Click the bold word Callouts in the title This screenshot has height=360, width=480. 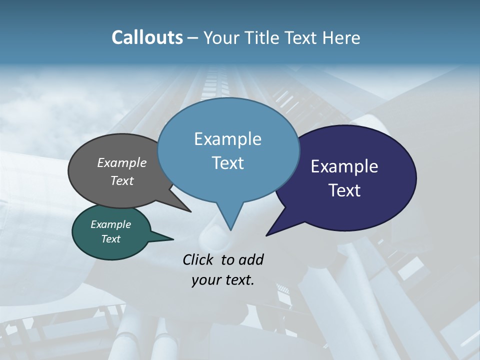point(147,37)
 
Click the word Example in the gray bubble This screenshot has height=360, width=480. point(122,162)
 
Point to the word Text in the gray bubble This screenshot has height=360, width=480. point(122,180)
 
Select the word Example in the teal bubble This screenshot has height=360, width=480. point(110,224)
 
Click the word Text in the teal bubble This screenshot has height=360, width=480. point(110,239)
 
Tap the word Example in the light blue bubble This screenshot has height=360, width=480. point(227,139)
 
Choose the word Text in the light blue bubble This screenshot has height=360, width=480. point(227,163)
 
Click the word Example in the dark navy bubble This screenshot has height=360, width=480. point(344,166)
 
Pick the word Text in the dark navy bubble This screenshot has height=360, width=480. point(344,190)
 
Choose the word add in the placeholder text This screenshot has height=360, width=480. point(250,259)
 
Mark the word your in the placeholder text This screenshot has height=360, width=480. point(205,280)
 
